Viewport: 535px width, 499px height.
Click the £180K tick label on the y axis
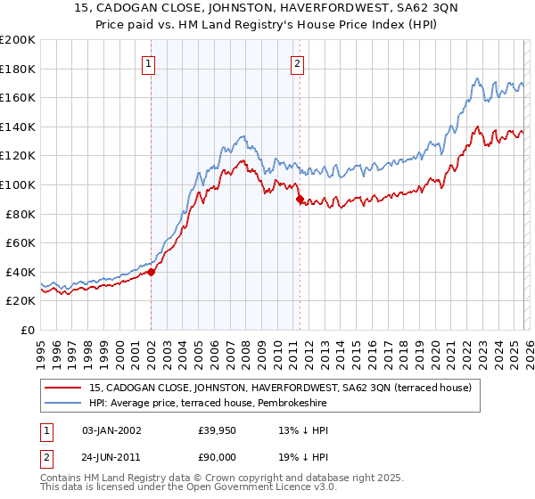18,69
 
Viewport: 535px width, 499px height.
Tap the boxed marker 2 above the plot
297,63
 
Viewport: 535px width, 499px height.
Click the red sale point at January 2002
151,272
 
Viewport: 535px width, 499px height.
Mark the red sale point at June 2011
300,200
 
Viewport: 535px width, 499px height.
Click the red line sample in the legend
63,388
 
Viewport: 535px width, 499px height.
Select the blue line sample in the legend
63,404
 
